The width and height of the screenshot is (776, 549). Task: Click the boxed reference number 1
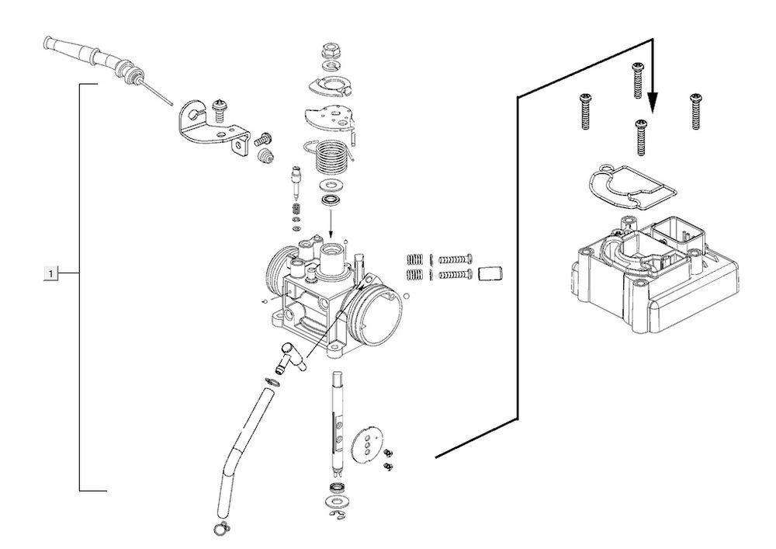50,273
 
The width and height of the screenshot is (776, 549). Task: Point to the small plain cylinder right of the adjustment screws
489,273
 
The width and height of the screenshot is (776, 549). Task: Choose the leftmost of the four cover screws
584,112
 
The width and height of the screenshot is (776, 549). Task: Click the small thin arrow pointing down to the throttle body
331,224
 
